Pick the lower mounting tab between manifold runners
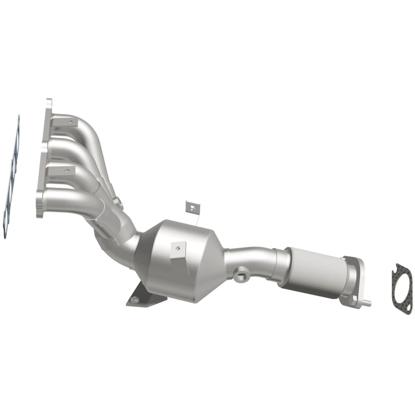tap(62, 170)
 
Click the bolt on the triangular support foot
tap(135, 299)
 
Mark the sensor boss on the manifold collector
tap(118, 203)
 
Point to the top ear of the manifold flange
tap(49, 102)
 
